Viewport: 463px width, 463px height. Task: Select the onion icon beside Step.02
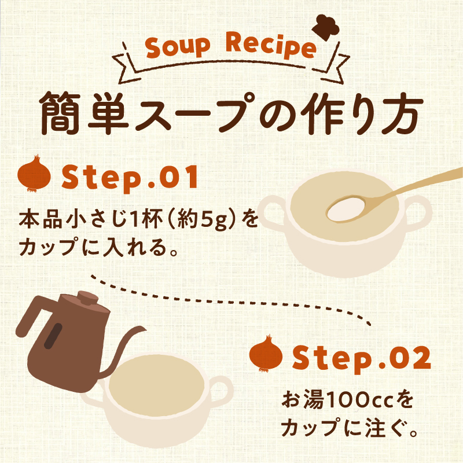(x=266, y=353)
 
